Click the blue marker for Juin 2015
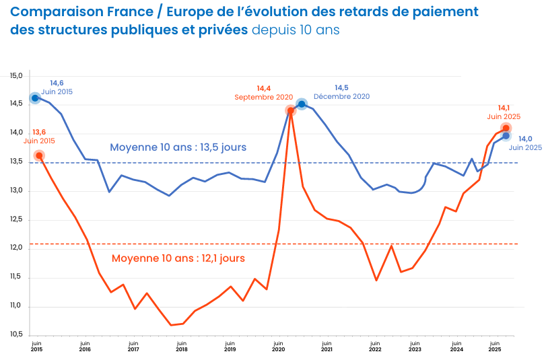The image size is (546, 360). pyautogui.click(x=35, y=98)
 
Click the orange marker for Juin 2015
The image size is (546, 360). pyautogui.click(x=39, y=155)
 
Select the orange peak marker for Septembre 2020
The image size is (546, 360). pyautogui.click(x=291, y=110)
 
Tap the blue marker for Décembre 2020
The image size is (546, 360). pyautogui.click(x=302, y=104)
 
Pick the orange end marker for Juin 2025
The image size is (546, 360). pyautogui.click(x=506, y=128)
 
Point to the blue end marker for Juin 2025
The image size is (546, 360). pyautogui.click(x=506, y=136)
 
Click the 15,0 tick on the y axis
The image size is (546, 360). pyautogui.click(x=16, y=75)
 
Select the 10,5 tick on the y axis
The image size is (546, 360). pyautogui.click(x=16, y=334)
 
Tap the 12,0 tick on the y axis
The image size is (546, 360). pyautogui.click(x=16, y=248)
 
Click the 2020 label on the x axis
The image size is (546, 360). pyautogui.click(x=278, y=349)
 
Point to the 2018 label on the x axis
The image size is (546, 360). pyautogui.click(x=181, y=349)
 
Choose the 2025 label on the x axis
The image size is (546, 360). pyautogui.click(x=494, y=349)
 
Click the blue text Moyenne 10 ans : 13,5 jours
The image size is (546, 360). pyautogui.click(x=178, y=147)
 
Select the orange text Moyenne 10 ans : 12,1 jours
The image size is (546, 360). pyautogui.click(x=178, y=258)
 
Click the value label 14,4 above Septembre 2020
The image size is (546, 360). pyautogui.click(x=263, y=88)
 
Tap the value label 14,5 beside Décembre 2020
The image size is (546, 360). pyautogui.click(x=341, y=88)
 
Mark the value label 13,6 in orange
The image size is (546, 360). pyautogui.click(x=39, y=132)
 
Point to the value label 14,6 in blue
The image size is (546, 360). pyautogui.click(x=57, y=83)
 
